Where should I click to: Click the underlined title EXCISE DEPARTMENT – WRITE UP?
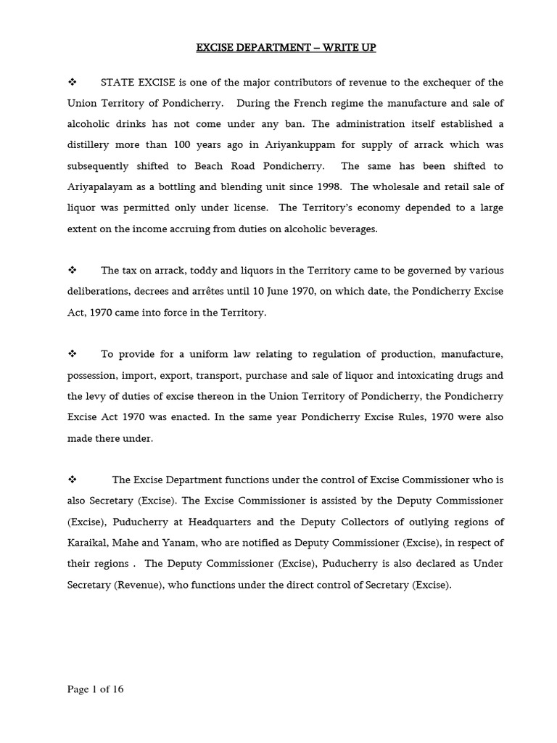[x=286, y=49]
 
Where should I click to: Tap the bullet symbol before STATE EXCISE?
[x=72, y=82]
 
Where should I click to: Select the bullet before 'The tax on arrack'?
[x=72, y=270]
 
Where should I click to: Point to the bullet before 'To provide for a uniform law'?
[x=72, y=354]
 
